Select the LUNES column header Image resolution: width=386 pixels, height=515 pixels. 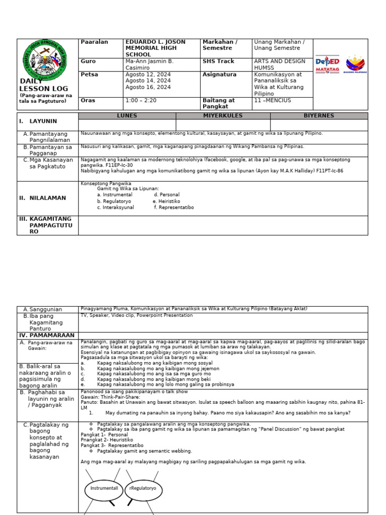tap(127, 116)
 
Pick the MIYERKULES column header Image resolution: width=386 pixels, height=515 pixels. tap(223, 116)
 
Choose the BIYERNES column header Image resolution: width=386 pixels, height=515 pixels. tap(319, 116)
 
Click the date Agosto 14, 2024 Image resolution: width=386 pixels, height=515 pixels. tap(148, 80)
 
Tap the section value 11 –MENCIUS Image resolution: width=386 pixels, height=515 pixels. tap(272, 100)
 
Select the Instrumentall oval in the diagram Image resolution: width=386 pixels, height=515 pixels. tap(104, 488)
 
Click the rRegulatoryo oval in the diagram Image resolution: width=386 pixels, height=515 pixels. tap(143, 488)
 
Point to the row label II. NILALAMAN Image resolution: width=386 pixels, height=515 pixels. tap(43, 198)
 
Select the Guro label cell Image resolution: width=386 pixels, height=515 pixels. tap(88, 61)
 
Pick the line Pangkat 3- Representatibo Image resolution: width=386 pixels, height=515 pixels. tap(112, 446)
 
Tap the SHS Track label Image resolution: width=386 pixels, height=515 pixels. tap(219, 61)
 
